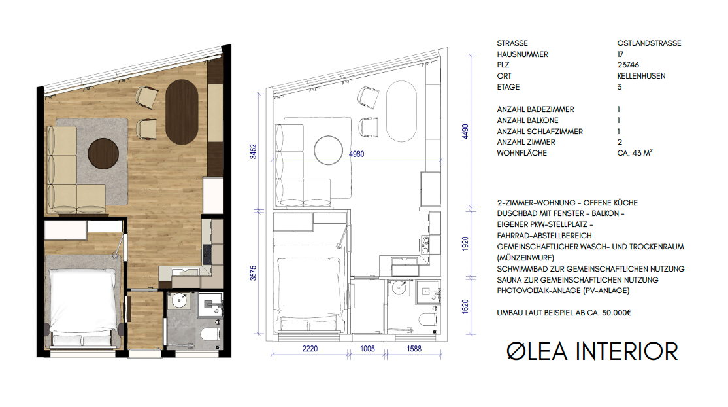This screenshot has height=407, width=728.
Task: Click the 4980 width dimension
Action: pos(358,155)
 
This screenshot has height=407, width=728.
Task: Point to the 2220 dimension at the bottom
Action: pos(309,349)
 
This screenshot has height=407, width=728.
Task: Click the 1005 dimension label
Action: pos(367,349)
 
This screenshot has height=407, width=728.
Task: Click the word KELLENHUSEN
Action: pos(641,77)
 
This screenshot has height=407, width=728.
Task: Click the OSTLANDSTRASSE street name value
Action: pos(649,43)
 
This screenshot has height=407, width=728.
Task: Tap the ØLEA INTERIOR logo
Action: pos(592,351)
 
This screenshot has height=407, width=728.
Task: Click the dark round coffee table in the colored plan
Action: pos(106,153)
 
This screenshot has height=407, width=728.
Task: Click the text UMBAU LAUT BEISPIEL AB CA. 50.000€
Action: pos(564,313)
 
